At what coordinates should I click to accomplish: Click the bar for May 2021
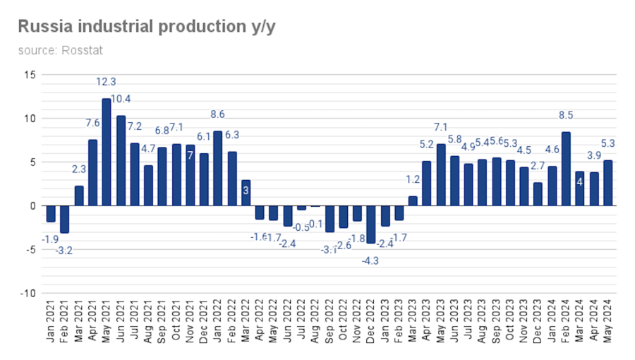coord(107,152)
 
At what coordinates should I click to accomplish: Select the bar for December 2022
coord(370,224)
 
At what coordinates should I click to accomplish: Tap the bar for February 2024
coord(565,169)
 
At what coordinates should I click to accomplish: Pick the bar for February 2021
coord(65,220)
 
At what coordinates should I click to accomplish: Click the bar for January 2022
coord(218,168)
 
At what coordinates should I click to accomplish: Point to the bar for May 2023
coord(440,174)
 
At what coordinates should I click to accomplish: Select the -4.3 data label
coord(370,260)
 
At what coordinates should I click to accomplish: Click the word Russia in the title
coord(43,26)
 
